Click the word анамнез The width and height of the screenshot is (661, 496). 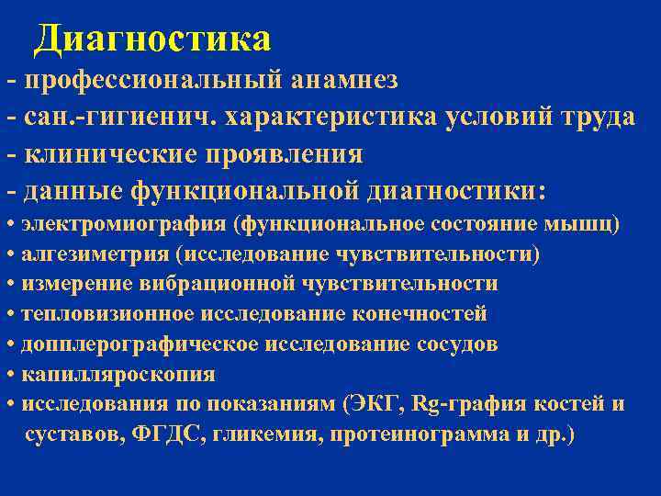point(345,80)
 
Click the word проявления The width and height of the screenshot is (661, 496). point(290,153)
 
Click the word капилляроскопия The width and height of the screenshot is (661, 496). point(118,375)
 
